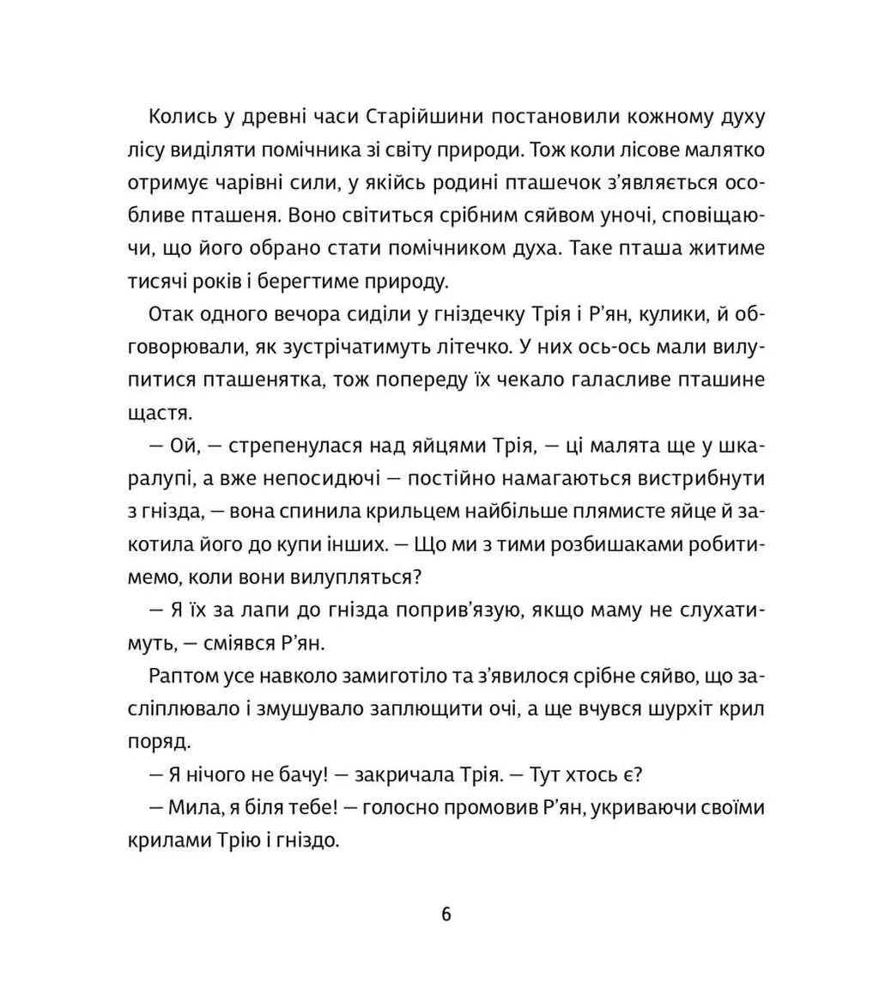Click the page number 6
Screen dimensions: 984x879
(x=446, y=914)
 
